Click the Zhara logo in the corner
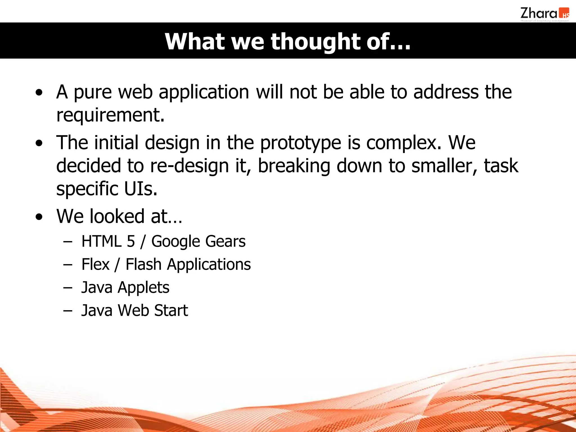tap(544, 14)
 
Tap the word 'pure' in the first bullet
tap(93, 93)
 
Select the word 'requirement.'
tap(110, 115)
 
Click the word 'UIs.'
tap(141, 189)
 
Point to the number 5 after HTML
tap(131, 241)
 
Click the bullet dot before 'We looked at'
tap(39, 217)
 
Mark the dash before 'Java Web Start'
tap(68, 311)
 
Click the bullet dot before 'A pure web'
tap(39, 93)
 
